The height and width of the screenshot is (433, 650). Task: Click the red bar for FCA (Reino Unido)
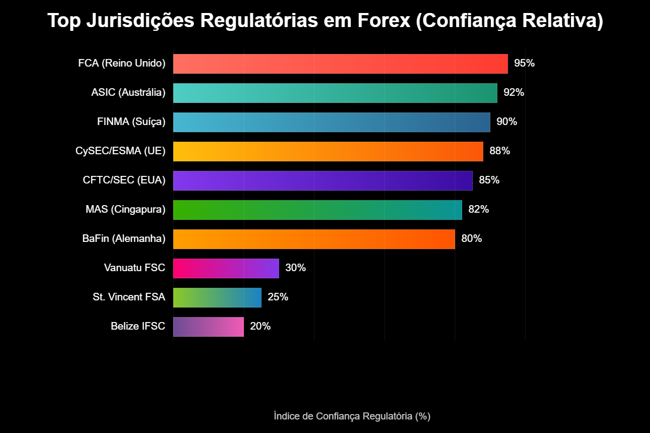340,64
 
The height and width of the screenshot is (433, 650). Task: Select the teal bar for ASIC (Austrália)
335,93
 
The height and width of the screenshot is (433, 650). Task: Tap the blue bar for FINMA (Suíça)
331,122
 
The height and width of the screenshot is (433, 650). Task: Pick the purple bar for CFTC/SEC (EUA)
323,181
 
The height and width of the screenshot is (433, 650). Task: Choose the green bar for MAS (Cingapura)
317,210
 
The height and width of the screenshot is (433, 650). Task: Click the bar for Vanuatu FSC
226,268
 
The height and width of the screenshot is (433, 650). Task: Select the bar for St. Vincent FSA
217,298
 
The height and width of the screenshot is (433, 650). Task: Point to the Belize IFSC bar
209,327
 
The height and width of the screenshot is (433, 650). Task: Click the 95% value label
524,63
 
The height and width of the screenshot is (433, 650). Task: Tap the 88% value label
499,151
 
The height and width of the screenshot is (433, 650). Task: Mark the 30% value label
295,268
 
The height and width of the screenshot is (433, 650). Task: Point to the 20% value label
260,326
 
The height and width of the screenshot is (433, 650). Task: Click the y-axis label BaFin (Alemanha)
124,239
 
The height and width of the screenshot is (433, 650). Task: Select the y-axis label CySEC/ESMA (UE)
120,151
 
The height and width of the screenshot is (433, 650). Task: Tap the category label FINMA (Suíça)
131,122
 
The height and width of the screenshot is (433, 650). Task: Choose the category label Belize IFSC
138,326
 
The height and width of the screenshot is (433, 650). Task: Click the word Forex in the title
385,21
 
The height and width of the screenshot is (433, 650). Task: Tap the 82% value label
478,209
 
